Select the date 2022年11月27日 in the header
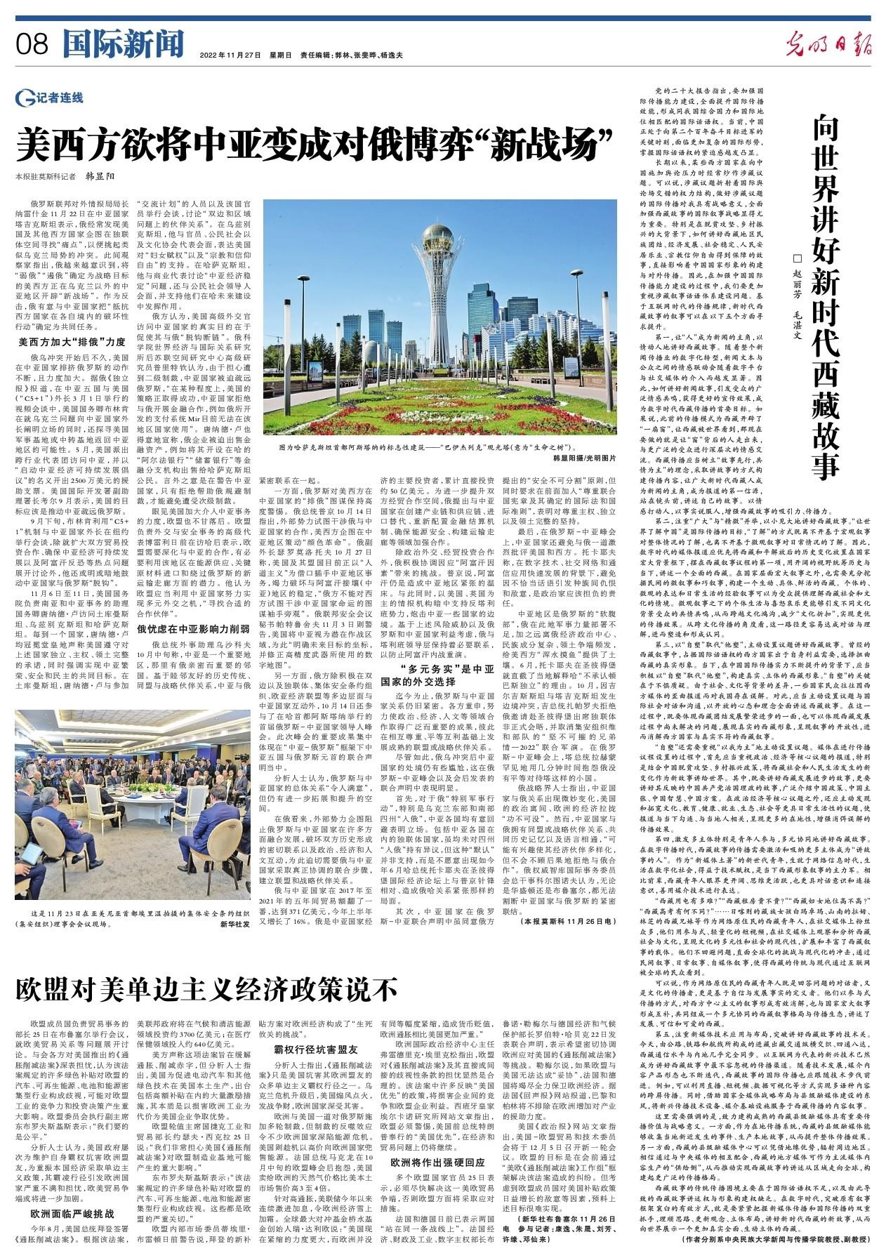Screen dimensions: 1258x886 pos(230,55)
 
